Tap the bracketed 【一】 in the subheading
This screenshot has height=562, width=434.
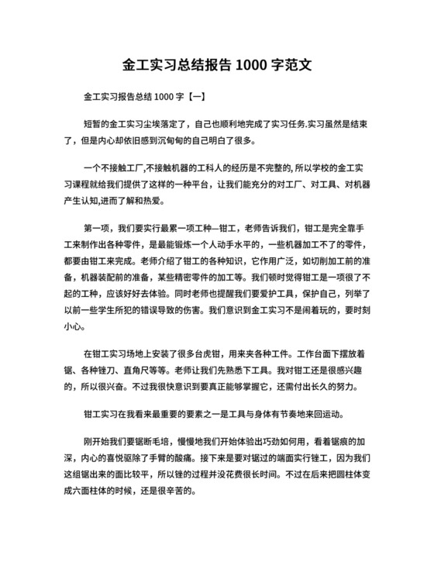[x=190, y=97]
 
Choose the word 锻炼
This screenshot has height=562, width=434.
[x=195, y=247]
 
